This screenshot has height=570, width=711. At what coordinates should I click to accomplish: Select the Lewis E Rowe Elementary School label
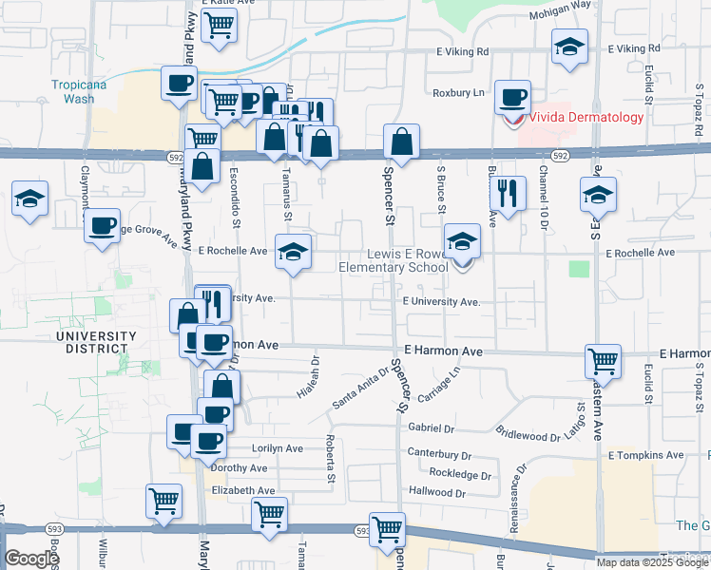click(394, 261)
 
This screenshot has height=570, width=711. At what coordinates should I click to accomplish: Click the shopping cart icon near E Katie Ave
click(220, 28)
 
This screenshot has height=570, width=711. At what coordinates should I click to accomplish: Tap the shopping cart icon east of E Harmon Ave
click(604, 360)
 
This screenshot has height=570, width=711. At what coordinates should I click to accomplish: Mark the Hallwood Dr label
click(436, 492)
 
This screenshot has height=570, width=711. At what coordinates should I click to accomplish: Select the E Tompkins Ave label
click(645, 455)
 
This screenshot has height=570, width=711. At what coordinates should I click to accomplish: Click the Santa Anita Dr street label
click(360, 389)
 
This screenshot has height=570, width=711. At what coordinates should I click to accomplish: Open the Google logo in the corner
click(31, 560)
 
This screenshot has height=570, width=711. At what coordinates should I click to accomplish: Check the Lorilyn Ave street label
click(277, 447)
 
